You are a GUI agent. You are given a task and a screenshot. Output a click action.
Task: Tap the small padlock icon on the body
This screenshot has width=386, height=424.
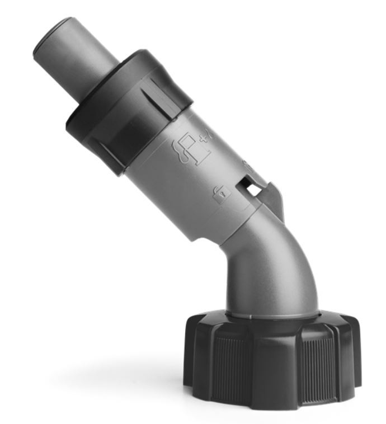(x=222, y=192)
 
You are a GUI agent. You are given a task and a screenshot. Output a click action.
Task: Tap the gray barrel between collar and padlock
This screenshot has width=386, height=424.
(x=168, y=185)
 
